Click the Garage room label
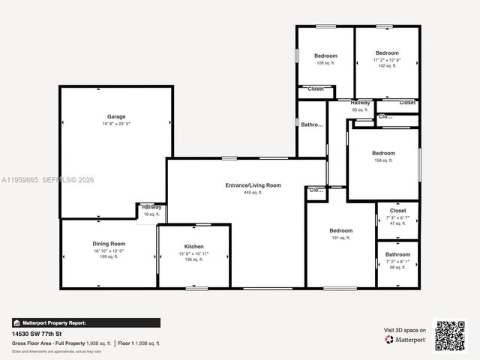pyautogui.click(x=116, y=116)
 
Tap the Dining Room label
pyautogui.click(x=109, y=244)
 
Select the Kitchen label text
pyautogui.click(x=193, y=247)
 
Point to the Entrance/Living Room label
pyautogui.click(x=253, y=185)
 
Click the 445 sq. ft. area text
pyautogui.click(x=253, y=193)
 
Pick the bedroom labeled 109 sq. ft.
pyautogui.click(x=325, y=56)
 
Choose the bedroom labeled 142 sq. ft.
pyautogui.click(x=387, y=53)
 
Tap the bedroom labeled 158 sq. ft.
pyautogui.click(x=383, y=154)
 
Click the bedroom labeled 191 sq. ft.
pyautogui.click(x=340, y=231)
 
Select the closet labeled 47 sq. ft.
pyautogui.click(x=397, y=211)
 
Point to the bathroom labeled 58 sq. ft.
pyautogui.click(x=397, y=254)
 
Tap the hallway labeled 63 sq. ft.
pyautogui.click(x=360, y=102)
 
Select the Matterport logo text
pyautogui.click(x=409, y=340)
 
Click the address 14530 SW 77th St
pyautogui.click(x=37, y=334)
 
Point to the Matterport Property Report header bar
pyautogui.click(x=85, y=322)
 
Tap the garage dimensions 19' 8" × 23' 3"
pyautogui.click(x=116, y=124)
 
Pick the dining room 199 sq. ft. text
pyautogui.click(x=109, y=256)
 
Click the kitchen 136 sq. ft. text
pyautogui.click(x=193, y=259)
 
